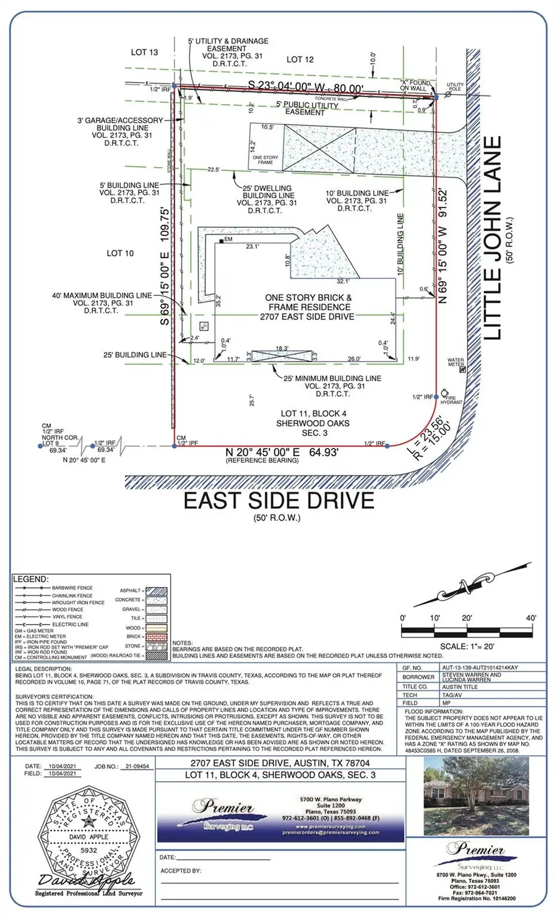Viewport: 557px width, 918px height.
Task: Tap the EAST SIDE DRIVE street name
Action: [278, 500]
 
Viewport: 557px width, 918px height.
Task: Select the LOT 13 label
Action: [144, 53]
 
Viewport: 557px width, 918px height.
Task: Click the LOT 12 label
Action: [300, 59]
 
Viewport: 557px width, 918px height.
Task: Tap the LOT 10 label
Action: [120, 253]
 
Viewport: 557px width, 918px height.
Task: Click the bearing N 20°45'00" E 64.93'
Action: [281, 453]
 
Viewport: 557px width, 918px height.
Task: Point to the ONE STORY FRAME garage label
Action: [266, 160]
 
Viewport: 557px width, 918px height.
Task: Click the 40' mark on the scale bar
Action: [531, 618]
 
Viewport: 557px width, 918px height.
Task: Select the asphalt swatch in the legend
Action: [156, 591]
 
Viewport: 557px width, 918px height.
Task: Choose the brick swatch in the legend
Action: [156, 636]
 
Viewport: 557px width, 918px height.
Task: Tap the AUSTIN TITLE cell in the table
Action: [460, 686]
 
